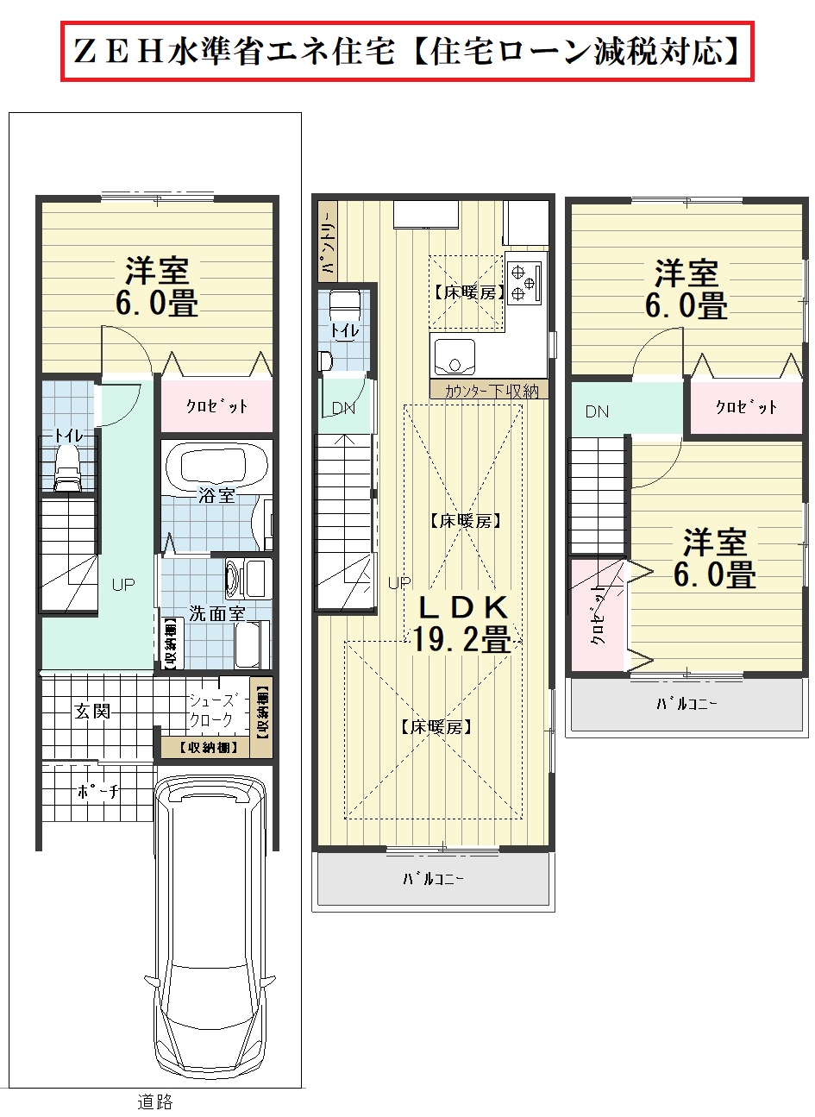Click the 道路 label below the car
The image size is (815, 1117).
coord(154,1101)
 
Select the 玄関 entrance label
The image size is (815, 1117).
coord(93,711)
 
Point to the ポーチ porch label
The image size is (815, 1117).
coord(97,791)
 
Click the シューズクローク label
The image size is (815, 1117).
coord(211,710)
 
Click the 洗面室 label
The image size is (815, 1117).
coord(216,613)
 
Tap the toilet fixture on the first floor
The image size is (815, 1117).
coord(67,468)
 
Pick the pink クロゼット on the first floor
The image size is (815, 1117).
coord(216,406)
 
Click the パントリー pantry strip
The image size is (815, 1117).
coord(328,242)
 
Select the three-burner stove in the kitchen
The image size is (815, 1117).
coord(525,283)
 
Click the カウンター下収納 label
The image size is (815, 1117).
coord(491,391)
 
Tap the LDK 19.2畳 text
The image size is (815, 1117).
coord(462,624)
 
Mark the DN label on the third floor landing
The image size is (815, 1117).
coord(597,411)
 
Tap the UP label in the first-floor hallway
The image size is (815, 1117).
coord(123,584)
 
